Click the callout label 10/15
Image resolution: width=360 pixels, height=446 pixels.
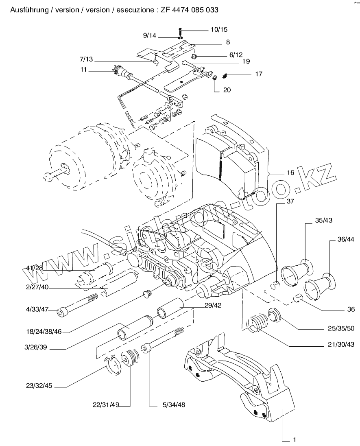pos(219,30)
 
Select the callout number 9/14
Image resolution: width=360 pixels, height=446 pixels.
pos(150,36)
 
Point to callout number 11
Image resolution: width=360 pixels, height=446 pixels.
pos(83,70)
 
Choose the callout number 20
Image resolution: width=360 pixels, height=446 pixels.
pos(227,90)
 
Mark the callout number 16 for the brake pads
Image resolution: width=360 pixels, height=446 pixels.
pos(290,173)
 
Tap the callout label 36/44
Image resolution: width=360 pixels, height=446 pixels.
pos(346,240)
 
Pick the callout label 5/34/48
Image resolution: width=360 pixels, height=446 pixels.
pos(174,404)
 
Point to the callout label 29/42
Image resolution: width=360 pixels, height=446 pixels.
pos(214,305)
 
